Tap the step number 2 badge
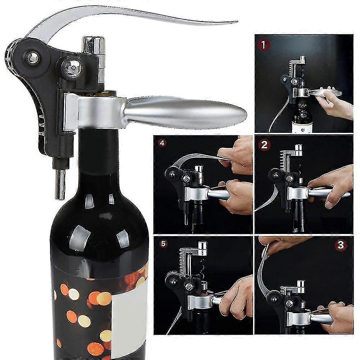coord(265,146)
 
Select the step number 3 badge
coord(341,246)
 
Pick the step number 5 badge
coord(163,244)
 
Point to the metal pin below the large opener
coord(60,184)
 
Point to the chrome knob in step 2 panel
coord(298,149)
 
